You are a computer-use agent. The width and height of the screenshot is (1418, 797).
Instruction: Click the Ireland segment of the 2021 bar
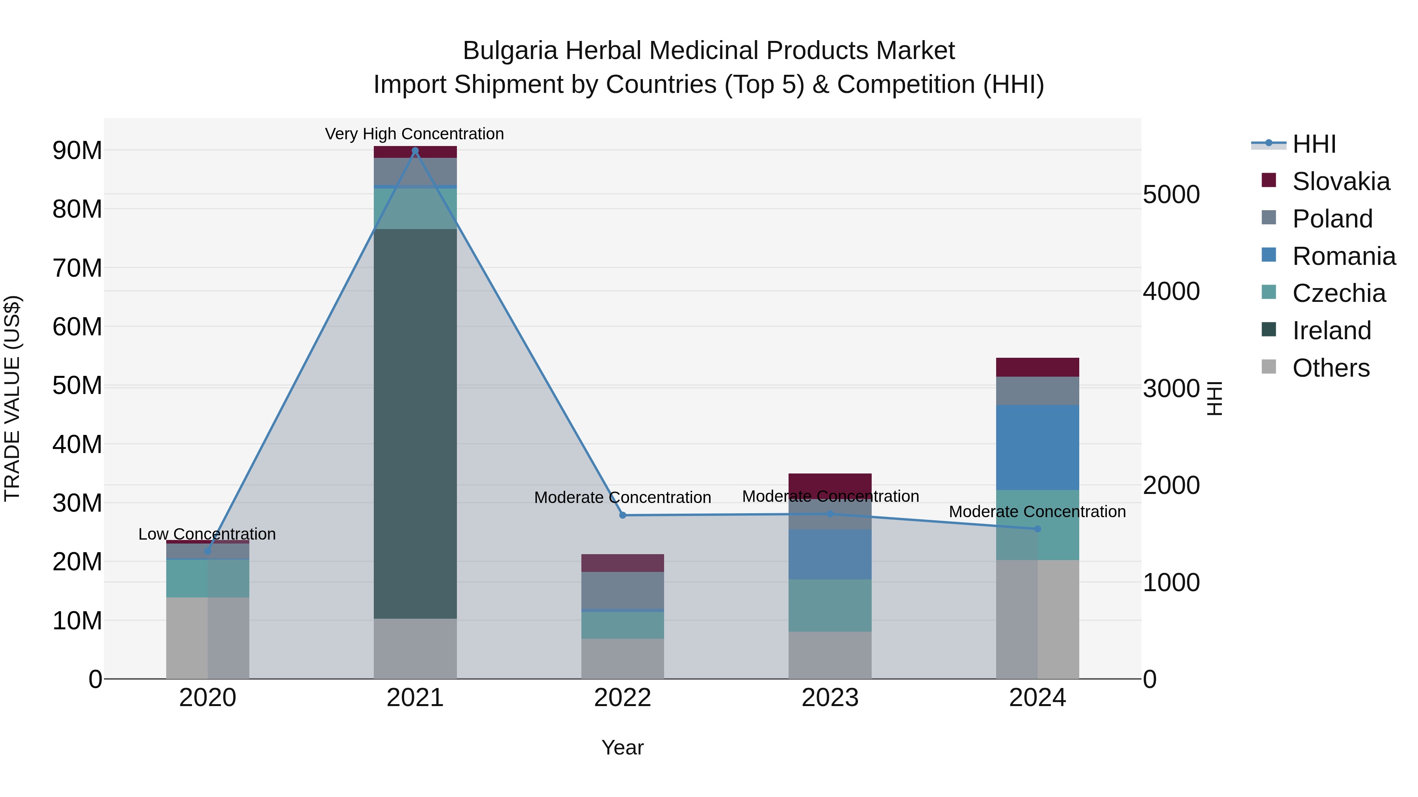[x=415, y=423]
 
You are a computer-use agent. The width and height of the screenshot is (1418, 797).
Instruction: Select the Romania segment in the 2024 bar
[x=1037, y=447]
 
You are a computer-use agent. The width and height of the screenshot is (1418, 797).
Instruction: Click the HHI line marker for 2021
[x=415, y=151]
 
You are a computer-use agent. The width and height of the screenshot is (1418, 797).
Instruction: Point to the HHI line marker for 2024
[x=1038, y=529]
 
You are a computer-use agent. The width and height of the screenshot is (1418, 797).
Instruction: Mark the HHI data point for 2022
[x=623, y=515]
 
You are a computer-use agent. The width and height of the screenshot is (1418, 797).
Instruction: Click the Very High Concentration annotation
[x=414, y=134]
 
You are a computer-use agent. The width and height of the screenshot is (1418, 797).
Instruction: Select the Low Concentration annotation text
[x=206, y=534]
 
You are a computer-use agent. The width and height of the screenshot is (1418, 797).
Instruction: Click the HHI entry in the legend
[x=1313, y=144]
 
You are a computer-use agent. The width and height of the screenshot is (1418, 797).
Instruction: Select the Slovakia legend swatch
[x=1268, y=180]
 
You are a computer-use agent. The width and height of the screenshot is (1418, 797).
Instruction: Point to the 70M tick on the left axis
[x=77, y=268]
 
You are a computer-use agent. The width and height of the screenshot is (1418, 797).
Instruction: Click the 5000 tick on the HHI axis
[x=1171, y=195]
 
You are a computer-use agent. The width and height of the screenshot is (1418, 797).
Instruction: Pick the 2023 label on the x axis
[x=830, y=698]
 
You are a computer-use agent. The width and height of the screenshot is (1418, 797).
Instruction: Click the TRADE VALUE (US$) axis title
[x=12, y=398]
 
